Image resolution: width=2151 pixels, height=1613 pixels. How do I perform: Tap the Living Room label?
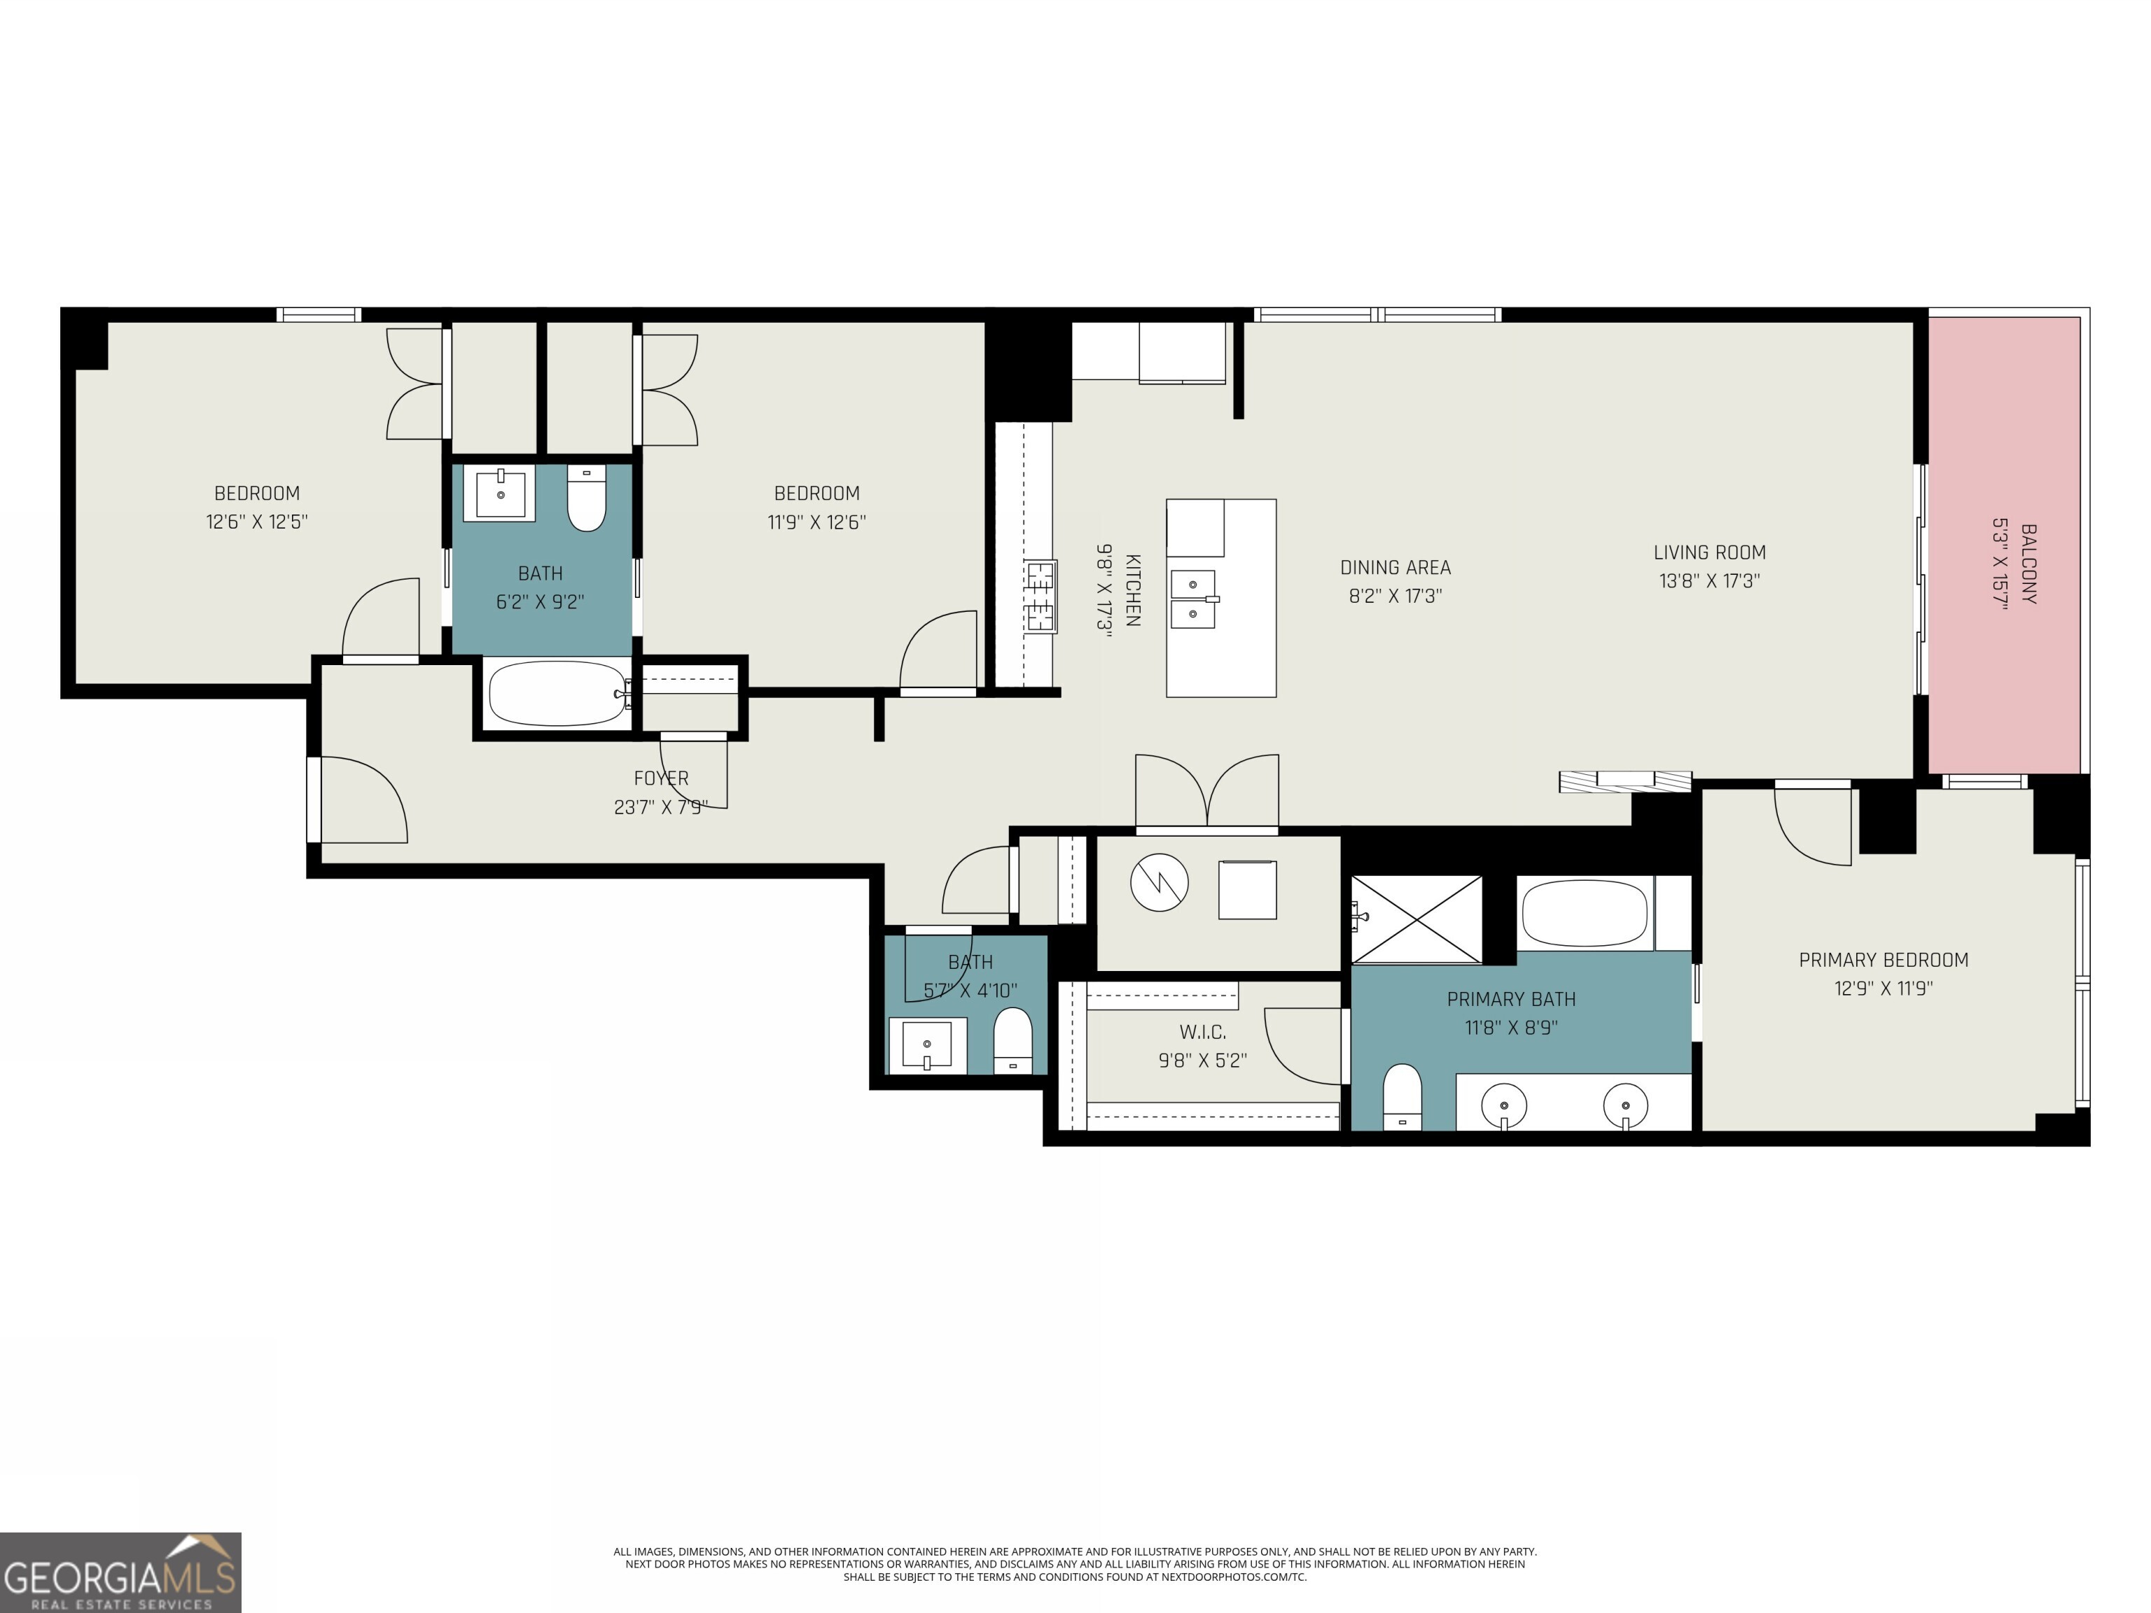click(1708, 552)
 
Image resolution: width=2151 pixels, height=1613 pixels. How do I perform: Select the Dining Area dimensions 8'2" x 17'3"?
click(1395, 595)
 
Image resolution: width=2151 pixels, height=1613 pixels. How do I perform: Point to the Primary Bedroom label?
click(1883, 960)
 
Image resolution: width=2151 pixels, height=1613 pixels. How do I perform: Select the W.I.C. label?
click(1202, 1032)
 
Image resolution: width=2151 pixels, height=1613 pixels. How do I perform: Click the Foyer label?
click(660, 778)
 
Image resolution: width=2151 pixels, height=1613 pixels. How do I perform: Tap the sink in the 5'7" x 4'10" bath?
click(927, 1045)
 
